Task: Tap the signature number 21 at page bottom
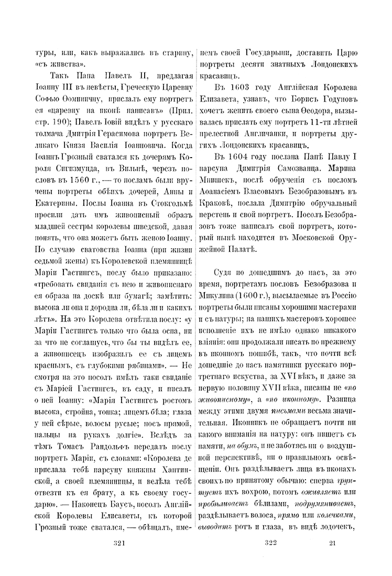coord(332,542)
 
